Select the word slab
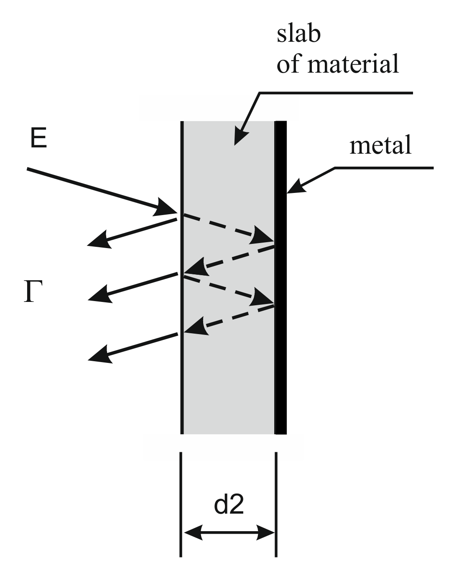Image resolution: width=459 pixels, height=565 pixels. click(298, 33)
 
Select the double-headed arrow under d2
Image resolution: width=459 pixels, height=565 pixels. click(229, 532)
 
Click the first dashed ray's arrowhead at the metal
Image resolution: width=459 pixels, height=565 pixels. click(263, 237)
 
